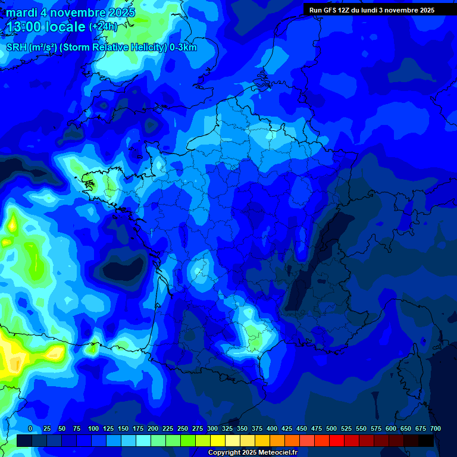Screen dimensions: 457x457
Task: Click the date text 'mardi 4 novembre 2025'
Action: tap(71, 12)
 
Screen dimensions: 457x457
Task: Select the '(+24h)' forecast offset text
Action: tap(104, 27)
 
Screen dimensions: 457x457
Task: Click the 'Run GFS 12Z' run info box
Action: tap(371, 10)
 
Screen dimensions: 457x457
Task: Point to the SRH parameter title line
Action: tap(101, 48)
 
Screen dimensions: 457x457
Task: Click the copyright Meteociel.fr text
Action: tap(252, 452)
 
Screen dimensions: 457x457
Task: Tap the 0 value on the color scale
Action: tap(30, 428)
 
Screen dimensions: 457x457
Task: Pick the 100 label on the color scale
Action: tap(93, 428)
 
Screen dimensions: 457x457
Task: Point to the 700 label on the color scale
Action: tap(436, 428)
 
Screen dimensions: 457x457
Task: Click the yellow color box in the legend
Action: tap(218, 440)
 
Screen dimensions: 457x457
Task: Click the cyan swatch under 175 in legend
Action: tap(143, 440)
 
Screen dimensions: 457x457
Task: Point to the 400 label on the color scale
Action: tap(272, 428)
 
